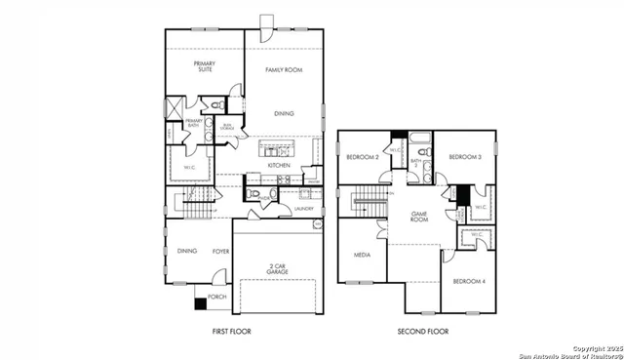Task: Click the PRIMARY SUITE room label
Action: [204, 67]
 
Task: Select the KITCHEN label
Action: [280, 165]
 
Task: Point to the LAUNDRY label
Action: [302, 207]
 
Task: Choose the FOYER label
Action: [220, 251]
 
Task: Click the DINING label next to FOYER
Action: [187, 251]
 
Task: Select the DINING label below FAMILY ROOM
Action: [284, 114]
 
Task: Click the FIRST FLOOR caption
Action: [231, 332]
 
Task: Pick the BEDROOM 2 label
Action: [362, 157]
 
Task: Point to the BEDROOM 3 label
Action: [465, 157]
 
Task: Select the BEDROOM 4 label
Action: [468, 281]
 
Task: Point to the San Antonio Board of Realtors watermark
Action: [569, 352]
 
